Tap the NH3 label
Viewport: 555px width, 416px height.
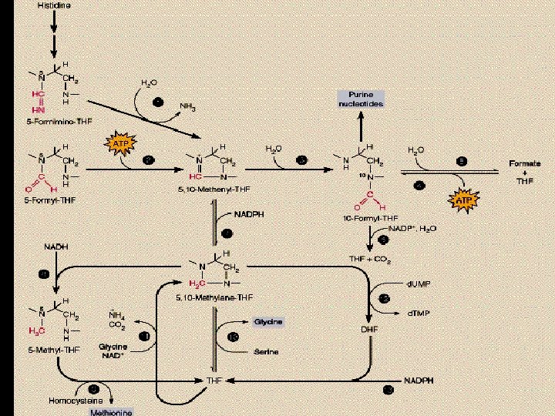(187, 107)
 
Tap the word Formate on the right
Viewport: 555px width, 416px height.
(524, 164)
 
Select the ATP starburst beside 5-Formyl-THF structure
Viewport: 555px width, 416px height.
(119, 143)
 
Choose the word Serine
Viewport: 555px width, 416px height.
(266, 352)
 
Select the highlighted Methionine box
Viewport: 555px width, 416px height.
(112, 412)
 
